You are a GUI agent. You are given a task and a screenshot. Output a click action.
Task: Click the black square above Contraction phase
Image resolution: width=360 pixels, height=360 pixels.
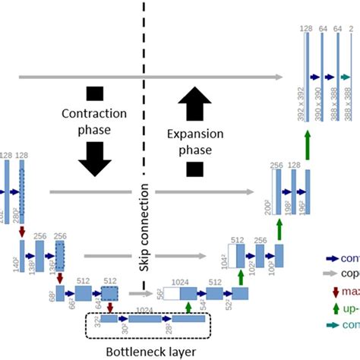[x=94, y=94]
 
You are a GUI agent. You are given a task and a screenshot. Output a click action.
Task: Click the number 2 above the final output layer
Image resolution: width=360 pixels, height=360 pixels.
[x=350, y=28]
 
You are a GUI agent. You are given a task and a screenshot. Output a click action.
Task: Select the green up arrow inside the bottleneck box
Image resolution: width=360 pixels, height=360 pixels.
[x=188, y=307]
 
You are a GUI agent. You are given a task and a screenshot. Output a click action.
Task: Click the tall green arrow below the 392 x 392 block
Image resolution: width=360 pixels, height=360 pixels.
[x=307, y=144]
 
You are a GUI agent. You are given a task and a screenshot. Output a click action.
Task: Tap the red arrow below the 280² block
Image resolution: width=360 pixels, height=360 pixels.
[x=22, y=229]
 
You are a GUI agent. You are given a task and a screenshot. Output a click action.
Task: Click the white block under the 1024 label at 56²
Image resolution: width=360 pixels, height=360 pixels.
[x=168, y=292]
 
